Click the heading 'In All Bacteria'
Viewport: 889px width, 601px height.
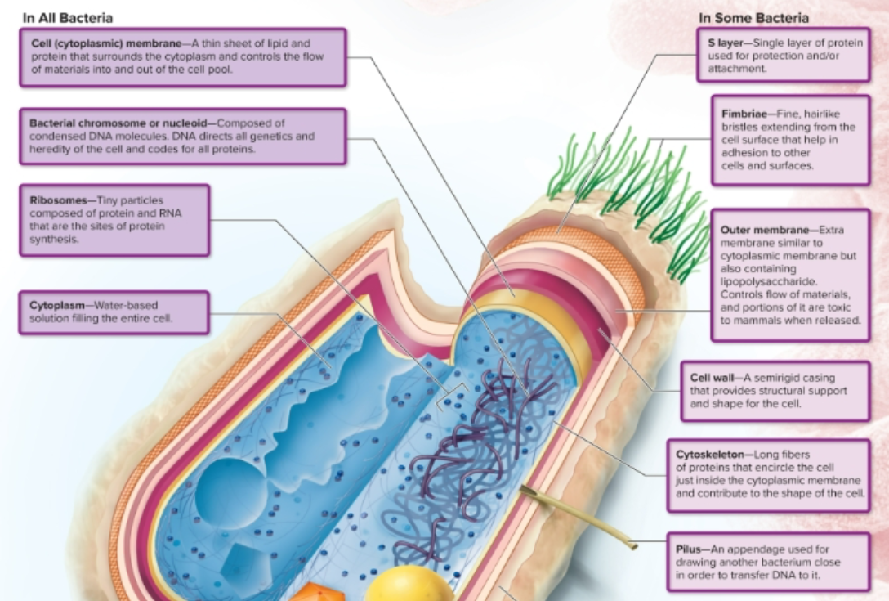point(69,17)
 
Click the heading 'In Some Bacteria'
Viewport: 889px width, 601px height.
point(753,17)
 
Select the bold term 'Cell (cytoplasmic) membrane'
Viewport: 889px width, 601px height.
point(105,43)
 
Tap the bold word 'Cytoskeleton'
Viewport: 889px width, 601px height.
point(710,454)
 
